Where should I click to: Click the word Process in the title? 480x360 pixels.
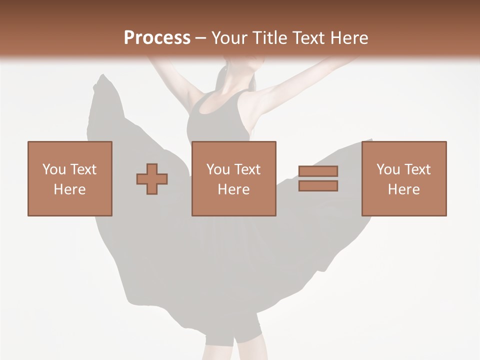(157, 37)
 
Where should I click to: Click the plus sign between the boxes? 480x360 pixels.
(152, 179)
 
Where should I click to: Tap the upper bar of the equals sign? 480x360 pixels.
(318, 171)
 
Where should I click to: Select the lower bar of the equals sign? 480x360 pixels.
(318, 185)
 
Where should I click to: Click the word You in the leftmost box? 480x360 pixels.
(53, 169)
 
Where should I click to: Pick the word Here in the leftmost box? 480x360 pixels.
(69, 189)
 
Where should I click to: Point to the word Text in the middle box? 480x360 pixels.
(247, 169)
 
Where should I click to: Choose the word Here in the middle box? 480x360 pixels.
(233, 189)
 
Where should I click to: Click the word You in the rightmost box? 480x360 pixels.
(387, 169)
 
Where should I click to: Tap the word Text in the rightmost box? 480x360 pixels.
(417, 169)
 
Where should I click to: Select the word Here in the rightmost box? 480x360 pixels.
(403, 189)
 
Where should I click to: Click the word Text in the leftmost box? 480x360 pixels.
(83, 169)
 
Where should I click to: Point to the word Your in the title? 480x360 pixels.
(228, 37)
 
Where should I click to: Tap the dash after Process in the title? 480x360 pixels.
(200, 38)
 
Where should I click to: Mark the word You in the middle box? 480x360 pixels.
(217, 169)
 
